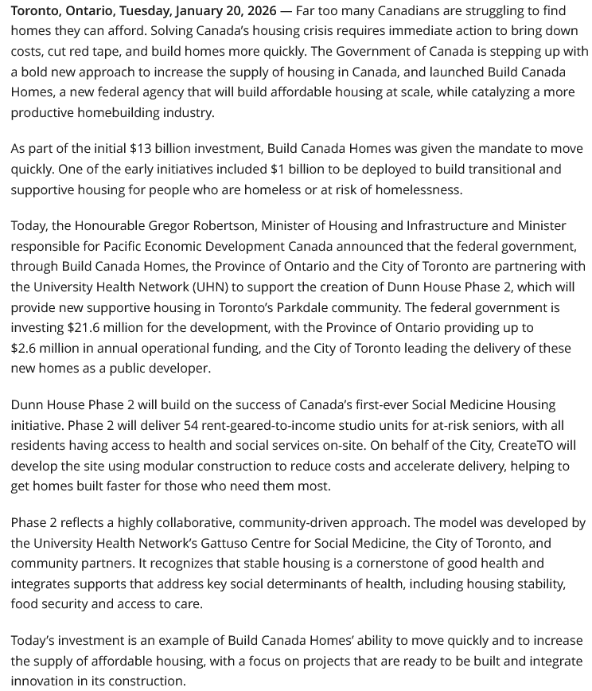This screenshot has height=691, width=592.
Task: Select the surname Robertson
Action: pyautogui.click(x=216, y=225)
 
